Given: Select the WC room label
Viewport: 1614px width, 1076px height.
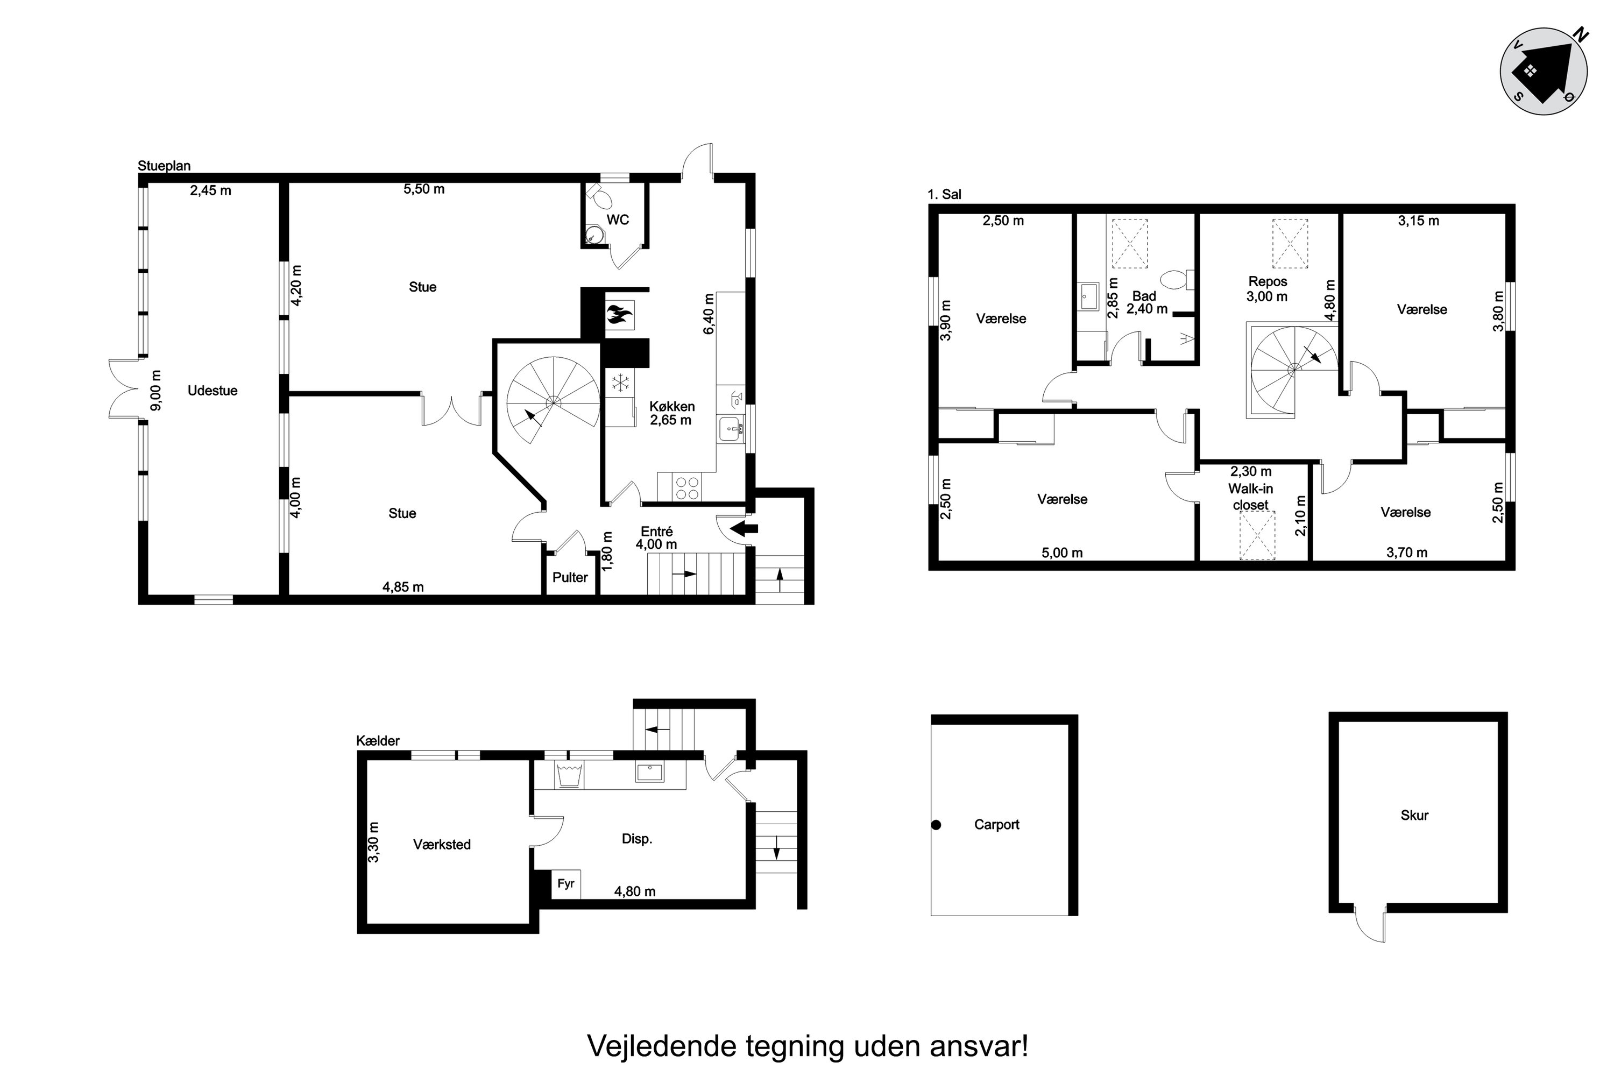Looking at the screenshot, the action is [x=618, y=220].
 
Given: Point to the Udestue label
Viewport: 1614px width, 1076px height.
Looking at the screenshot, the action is [x=213, y=391].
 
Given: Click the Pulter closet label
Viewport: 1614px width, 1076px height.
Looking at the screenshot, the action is [x=570, y=577].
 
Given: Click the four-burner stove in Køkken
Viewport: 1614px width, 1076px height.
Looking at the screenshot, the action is [x=687, y=488].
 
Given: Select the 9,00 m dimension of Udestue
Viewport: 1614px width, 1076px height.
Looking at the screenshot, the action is [x=157, y=390].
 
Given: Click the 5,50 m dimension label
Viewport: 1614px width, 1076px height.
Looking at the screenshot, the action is [x=424, y=189].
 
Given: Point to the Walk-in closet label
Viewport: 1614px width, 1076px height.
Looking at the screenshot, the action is [x=1250, y=496].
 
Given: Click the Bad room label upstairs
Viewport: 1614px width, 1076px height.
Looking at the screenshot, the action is [x=1144, y=296].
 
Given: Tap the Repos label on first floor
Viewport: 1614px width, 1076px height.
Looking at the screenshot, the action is [x=1268, y=281].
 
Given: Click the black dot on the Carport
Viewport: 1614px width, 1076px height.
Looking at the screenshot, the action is [x=936, y=825].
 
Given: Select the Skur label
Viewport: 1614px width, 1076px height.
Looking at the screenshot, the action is [x=1414, y=815].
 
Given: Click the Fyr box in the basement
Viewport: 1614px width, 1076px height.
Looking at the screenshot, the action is [x=566, y=884].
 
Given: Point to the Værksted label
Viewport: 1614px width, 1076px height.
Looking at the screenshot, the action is [x=442, y=844].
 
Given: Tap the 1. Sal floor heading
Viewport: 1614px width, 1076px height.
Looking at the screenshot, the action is [x=944, y=194].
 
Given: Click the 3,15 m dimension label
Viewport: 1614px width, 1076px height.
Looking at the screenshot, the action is [x=1418, y=221].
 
